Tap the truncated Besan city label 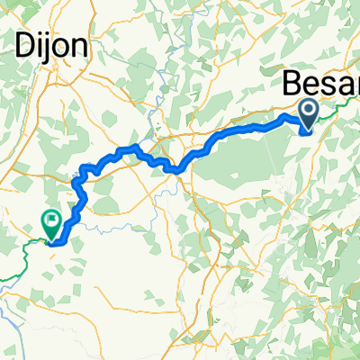point(319,85)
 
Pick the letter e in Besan point(310,86)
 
